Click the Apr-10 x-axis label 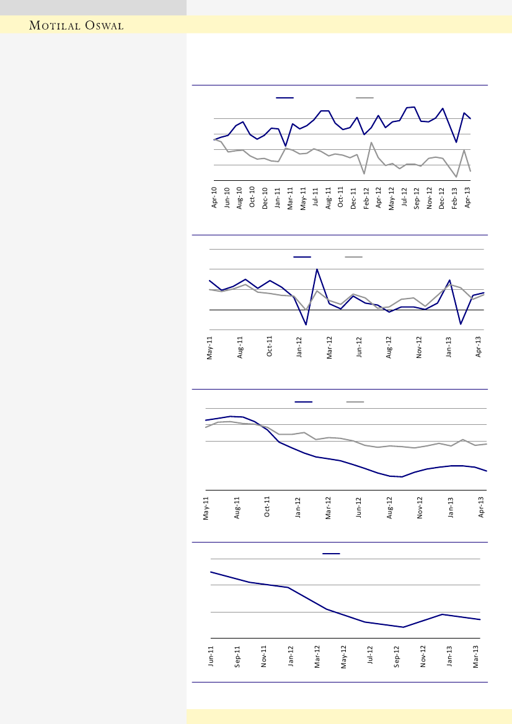(215, 197)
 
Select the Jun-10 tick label (227, 197)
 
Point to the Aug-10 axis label (240, 197)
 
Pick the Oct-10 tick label (252, 197)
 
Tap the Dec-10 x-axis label (265, 197)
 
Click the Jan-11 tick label (278, 197)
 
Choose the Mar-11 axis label (291, 197)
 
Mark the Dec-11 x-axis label (353, 197)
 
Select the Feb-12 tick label (366, 197)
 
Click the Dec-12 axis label (442, 197)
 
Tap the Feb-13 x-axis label (454, 197)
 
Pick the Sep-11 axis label (238, 656)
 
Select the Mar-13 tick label (477, 656)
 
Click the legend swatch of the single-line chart (331, 553)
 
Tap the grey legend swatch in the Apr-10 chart (364, 97)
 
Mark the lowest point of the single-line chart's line (403, 627)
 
